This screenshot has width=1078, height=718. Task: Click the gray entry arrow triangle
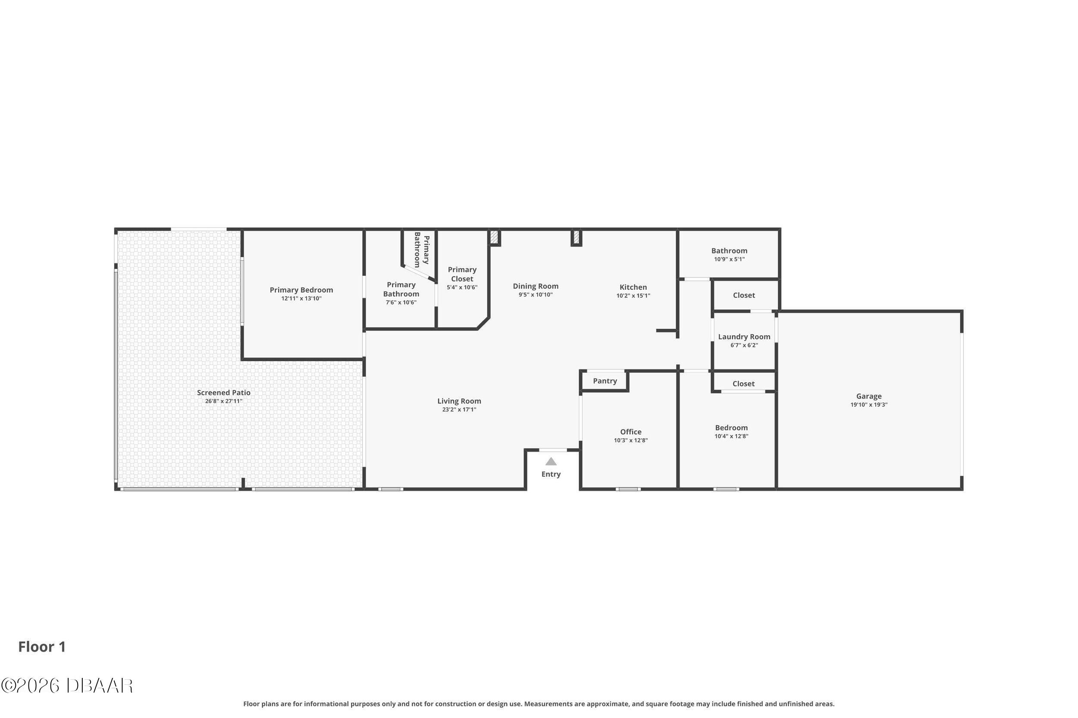pyautogui.click(x=551, y=462)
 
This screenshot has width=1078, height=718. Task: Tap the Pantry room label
pyautogui.click(x=605, y=381)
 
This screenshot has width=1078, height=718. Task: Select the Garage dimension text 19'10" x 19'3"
pyautogui.click(x=868, y=405)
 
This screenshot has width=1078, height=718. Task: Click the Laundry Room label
pyautogui.click(x=744, y=337)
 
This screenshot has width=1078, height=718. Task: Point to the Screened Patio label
pyautogui.click(x=223, y=393)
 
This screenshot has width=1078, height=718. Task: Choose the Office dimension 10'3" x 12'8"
pyautogui.click(x=631, y=440)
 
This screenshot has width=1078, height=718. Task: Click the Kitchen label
pyautogui.click(x=633, y=287)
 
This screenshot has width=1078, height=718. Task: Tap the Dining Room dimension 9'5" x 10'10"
pyautogui.click(x=536, y=295)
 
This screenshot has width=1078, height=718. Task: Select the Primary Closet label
pyautogui.click(x=462, y=274)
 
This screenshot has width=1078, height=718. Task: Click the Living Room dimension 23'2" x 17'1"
pyautogui.click(x=459, y=410)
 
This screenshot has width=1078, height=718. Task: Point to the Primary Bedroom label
pyautogui.click(x=301, y=290)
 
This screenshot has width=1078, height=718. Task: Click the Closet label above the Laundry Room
pyautogui.click(x=743, y=295)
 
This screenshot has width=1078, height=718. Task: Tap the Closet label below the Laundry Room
pyautogui.click(x=743, y=384)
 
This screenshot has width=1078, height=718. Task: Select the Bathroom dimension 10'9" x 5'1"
pyautogui.click(x=729, y=259)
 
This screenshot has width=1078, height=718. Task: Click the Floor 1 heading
pyautogui.click(x=42, y=646)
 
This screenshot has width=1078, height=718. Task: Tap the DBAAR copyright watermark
pyautogui.click(x=67, y=686)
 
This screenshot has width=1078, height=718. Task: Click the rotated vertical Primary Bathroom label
pyautogui.click(x=421, y=250)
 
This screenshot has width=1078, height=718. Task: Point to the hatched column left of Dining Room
pyautogui.click(x=494, y=237)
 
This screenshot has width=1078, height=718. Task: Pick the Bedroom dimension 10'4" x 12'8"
pyautogui.click(x=731, y=437)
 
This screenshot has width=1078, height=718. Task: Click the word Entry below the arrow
pyautogui.click(x=551, y=475)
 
